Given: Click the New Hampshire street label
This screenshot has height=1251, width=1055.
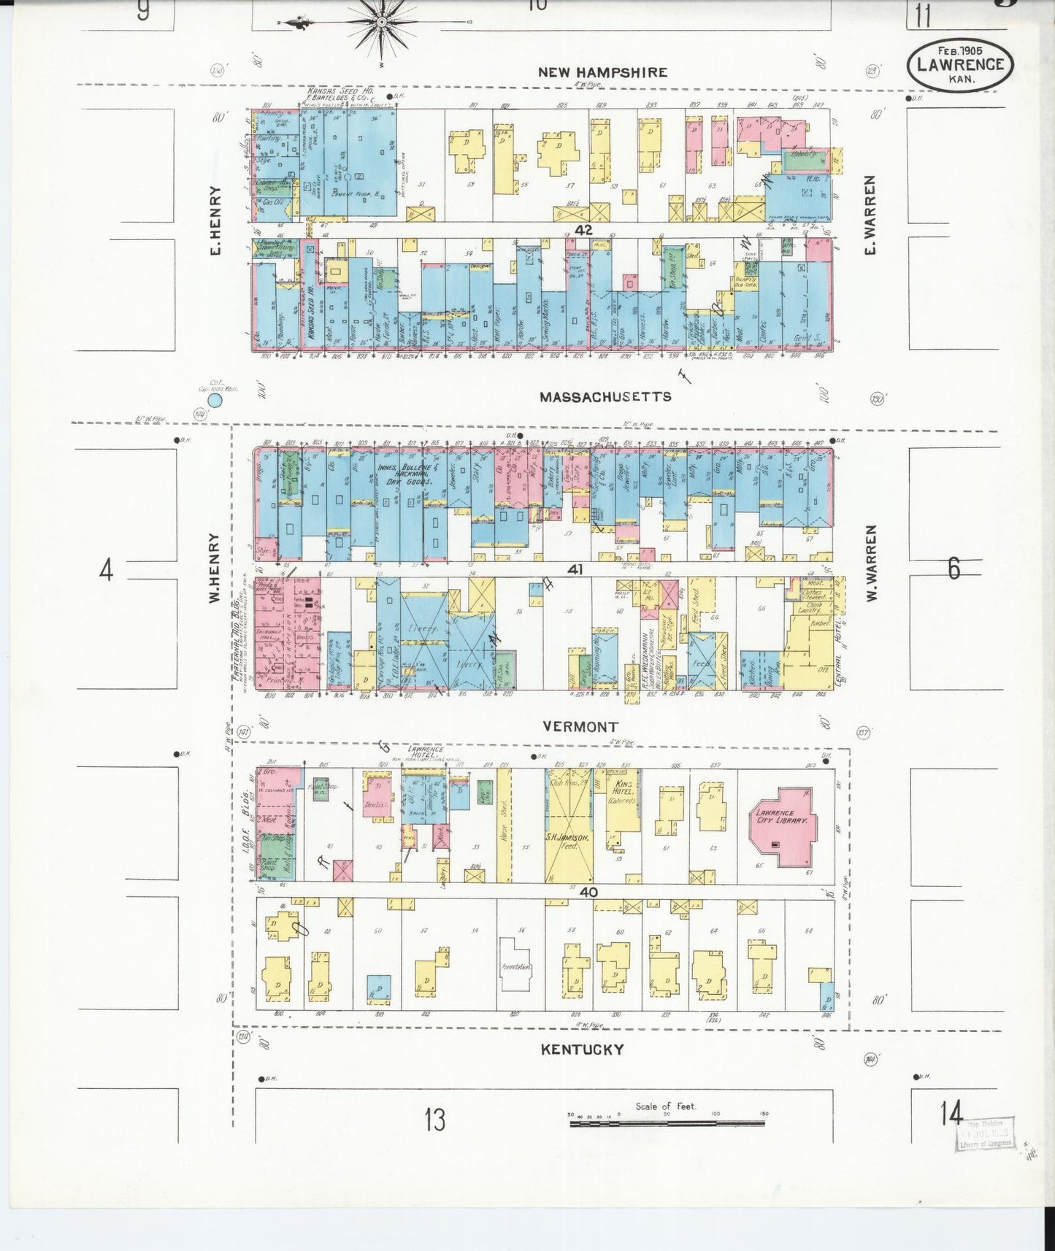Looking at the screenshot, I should click(602, 72).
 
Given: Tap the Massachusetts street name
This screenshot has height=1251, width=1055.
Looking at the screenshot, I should click(605, 397).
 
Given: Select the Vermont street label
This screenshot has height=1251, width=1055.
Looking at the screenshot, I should click(580, 726).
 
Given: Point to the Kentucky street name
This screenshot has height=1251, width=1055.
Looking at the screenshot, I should click(582, 1050).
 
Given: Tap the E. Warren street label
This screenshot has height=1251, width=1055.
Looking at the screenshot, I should click(870, 215).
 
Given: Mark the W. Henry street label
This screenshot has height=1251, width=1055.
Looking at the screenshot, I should click(214, 569).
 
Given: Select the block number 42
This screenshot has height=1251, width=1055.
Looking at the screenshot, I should click(583, 230).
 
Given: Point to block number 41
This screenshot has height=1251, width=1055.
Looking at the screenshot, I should click(575, 569).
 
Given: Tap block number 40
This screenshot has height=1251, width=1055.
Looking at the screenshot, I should click(589, 892).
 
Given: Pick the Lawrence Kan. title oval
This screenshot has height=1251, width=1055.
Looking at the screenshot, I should click(959, 63).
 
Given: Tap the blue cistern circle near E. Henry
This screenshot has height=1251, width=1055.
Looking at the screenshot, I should click(215, 399).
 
